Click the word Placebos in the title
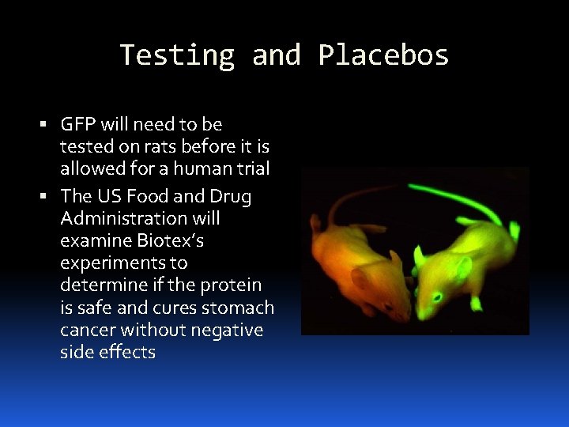(x=383, y=55)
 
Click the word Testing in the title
(x=177, y=55)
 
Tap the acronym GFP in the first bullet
(x=78, y=124)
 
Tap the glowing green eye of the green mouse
(x=435, y=297)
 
